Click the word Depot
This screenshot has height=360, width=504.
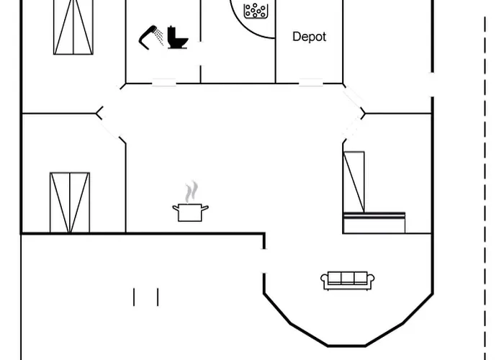coord(309,37)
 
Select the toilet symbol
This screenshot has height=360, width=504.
coord(176,37)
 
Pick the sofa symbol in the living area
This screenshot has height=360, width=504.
coord(348,281)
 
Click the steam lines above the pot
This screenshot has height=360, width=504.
coord(191,192)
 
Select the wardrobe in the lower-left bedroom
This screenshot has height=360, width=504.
coord(70,202)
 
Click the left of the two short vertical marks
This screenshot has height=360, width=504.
coord(134,297)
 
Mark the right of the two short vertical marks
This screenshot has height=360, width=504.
coord(157,297)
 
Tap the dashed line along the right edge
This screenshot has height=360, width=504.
coord(483,180)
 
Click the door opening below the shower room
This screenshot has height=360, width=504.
coord(163,83)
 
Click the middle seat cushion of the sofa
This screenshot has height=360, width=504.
coord(348,279)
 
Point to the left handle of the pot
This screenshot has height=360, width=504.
coord(175,209)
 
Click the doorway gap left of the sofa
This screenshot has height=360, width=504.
coord(264,260)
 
